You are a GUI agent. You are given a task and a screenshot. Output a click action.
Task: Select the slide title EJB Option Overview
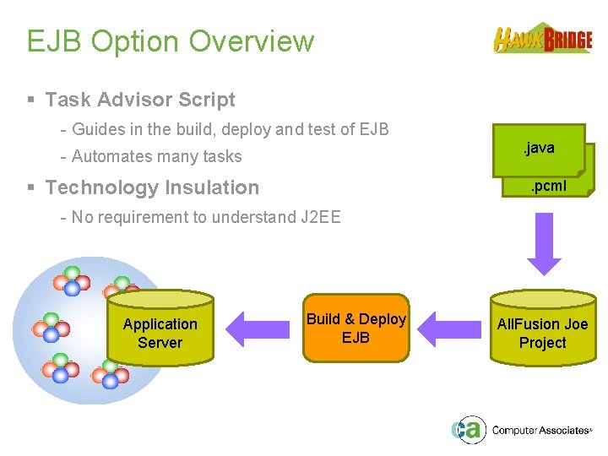click(170, 41)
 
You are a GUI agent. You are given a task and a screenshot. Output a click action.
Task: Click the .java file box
click(539, 149)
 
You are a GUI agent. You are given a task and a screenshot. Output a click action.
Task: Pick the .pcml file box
click(550, 186)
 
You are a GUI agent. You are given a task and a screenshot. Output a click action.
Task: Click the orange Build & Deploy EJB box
click(356, 328)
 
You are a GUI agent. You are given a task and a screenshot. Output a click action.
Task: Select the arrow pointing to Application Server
click(258, 328)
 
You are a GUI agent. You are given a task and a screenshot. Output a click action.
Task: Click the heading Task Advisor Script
click(140, 100)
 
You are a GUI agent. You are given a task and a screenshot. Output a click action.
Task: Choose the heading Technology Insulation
click(152, 187)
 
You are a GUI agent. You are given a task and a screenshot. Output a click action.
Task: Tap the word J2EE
click(320, 217)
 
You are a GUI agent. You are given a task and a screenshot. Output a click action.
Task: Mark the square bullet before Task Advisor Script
click(31, 100)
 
